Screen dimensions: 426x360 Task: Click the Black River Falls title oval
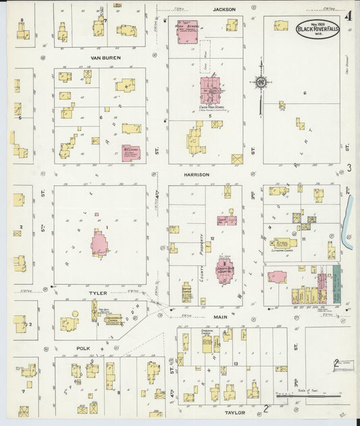[317, 28]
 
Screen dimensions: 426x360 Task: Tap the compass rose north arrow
[260, 84]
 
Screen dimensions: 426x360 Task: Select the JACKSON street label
[224, 9]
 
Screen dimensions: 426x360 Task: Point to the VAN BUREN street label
[104, 58]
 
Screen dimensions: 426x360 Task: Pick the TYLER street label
[99, 294]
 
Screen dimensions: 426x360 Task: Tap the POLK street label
[84, 350]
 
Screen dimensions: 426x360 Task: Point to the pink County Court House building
[224, 269]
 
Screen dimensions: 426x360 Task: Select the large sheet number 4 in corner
[348, 16]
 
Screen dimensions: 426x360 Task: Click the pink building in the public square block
[99, 244]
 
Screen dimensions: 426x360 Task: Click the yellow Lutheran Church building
[284, 242]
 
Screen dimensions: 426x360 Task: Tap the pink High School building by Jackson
[187, 32]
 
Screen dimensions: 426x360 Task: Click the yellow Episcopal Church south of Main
[206, 342]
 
